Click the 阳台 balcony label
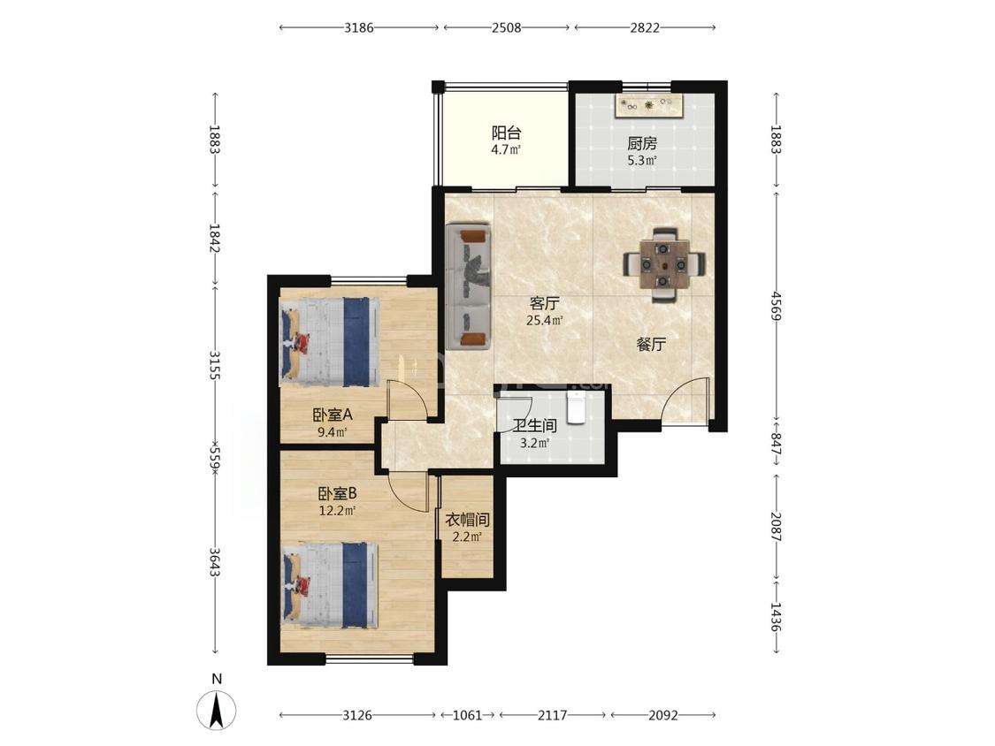tap(507, 133)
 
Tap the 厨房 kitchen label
tap(641, 144)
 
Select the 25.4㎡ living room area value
tap(545, 320)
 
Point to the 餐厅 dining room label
tap(651, 345)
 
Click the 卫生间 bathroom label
tap(535, 426)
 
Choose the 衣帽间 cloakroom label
tap(467, 521)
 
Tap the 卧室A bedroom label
tap(332, 415)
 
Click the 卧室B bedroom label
tap(338, 493)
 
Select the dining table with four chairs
tap(663, 263)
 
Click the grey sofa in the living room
tap(469, 286)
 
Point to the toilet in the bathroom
tap(576, 407)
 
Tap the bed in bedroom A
tap(330, 341)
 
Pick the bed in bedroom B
tap(330, 585)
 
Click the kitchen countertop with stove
tap(649, 105)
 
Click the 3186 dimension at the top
tap(359, 27)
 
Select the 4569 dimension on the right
tap(776, 305)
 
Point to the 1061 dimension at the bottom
tap(468, 715)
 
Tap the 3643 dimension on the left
tap(215, 563)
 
